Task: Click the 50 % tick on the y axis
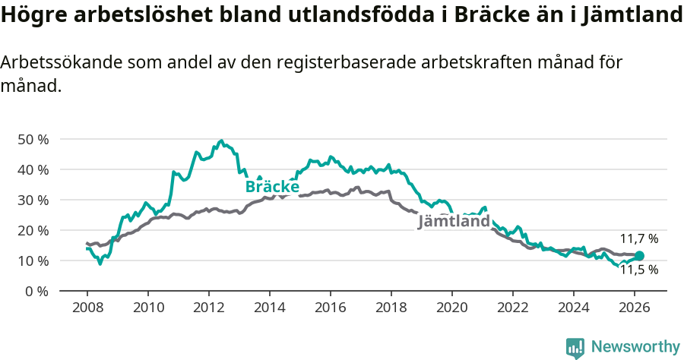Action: tap(32, 140)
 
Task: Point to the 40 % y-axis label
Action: tap(32, 170)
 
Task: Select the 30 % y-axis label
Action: tap(32, 201)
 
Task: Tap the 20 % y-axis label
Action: tap(32, 231)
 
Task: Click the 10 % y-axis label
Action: tap(32, 261)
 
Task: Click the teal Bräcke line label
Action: tap(272, 187)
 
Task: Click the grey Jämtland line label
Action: tap(454, 222)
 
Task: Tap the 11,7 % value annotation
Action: tap(638, 238)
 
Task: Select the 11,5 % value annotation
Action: tap(638, 270)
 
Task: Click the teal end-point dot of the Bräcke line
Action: tap(639, 256)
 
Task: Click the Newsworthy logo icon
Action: tap(575, 347)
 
